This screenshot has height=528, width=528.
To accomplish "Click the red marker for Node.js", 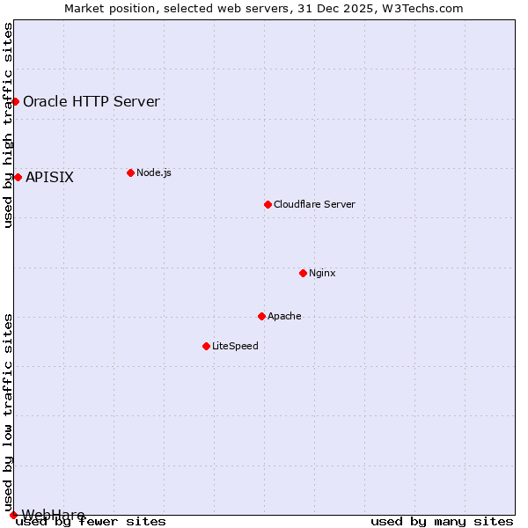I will click(x=130, y=172).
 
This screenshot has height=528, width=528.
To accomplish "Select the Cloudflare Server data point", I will click(x=268, y=204).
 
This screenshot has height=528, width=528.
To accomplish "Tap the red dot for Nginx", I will click(x=303, y=273).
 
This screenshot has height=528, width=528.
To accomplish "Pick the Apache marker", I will click(x=261, y=316).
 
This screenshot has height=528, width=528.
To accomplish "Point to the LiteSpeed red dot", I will click(x=206, y=346).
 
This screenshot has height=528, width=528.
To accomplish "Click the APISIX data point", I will click(x=18, y=177).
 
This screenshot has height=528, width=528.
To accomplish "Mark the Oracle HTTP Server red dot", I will click(x=15, y=101).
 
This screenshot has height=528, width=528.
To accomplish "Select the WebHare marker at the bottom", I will click(x=13, y=515).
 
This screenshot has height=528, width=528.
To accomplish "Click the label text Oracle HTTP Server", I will click(x=92, y=101).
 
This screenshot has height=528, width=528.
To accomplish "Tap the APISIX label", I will click(x=49, y=177).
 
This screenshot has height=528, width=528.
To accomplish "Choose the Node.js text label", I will click(x=154, y=172).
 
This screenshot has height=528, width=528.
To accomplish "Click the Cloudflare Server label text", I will click(x=314, y=204).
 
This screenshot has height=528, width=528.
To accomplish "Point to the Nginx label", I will click(x=322, y=273).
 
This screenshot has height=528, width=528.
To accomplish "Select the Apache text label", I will click(x=284, y=316).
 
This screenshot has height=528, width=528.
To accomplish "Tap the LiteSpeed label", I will click(x=235, y=346).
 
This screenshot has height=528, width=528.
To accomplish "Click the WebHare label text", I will click(x=53, y=515).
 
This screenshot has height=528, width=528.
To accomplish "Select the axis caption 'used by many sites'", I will click(x=442, y=522).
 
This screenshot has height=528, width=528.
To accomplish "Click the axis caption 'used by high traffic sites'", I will click(x=8, y=126).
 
